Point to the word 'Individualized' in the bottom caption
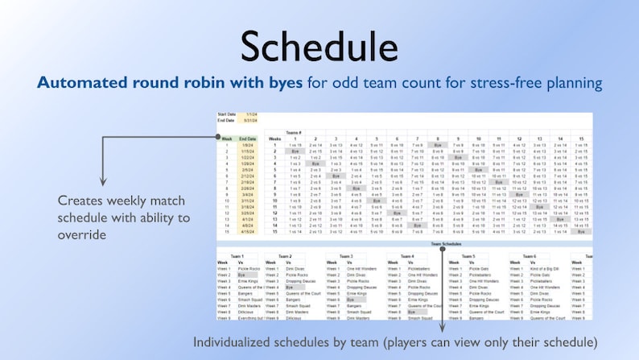coord(233,342)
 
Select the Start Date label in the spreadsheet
coord(227,114)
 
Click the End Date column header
coord(248,138)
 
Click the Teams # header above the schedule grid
coord(295,132)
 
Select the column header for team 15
coord(582,138)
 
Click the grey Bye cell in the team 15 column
coord(582,231)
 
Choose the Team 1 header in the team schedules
coord(237,255)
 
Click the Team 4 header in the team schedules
coord(406,255)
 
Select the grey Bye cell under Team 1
coord(242,275)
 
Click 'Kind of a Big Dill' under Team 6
coord(546,268)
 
